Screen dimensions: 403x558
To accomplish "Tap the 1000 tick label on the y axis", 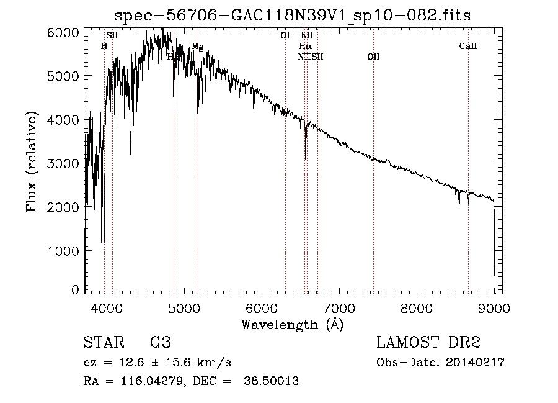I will click(65, 251).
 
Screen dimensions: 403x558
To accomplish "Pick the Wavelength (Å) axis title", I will click(292, 324).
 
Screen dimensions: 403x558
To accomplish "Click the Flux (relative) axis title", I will click(32, 161).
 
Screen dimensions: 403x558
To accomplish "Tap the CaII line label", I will click(468, 46).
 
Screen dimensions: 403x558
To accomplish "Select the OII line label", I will click(373, 57).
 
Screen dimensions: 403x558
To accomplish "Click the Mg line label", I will click(197, 47).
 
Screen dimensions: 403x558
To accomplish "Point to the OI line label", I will click(285, 35).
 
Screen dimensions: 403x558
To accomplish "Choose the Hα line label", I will click(304, 47).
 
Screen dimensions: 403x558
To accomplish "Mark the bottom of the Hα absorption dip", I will click(306, 159).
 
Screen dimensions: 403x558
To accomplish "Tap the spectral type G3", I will click(161, 343).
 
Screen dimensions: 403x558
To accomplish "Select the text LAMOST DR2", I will click(428, 343).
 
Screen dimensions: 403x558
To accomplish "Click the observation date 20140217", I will click(477, 363).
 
